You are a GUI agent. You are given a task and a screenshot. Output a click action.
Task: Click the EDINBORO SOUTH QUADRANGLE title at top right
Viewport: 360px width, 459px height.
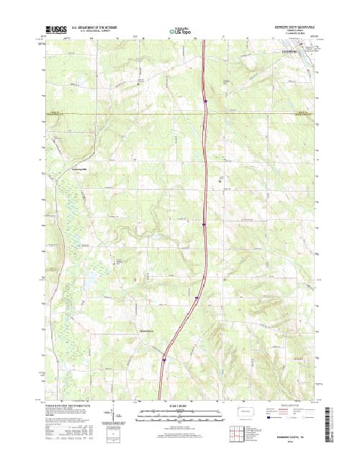pos(295,28)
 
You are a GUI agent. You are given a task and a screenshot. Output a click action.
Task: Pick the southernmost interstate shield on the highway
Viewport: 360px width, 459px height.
pos(165,355)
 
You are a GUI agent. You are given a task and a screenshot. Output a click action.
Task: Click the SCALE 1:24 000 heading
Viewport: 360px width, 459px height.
pos(180,407)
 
